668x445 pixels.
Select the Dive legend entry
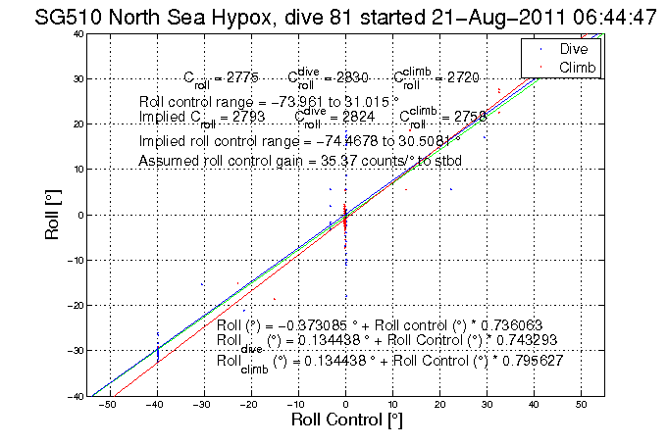(x=575, y=48)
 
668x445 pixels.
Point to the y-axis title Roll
(x=50, y=215)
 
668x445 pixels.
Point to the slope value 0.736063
(x=500, y=325)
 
